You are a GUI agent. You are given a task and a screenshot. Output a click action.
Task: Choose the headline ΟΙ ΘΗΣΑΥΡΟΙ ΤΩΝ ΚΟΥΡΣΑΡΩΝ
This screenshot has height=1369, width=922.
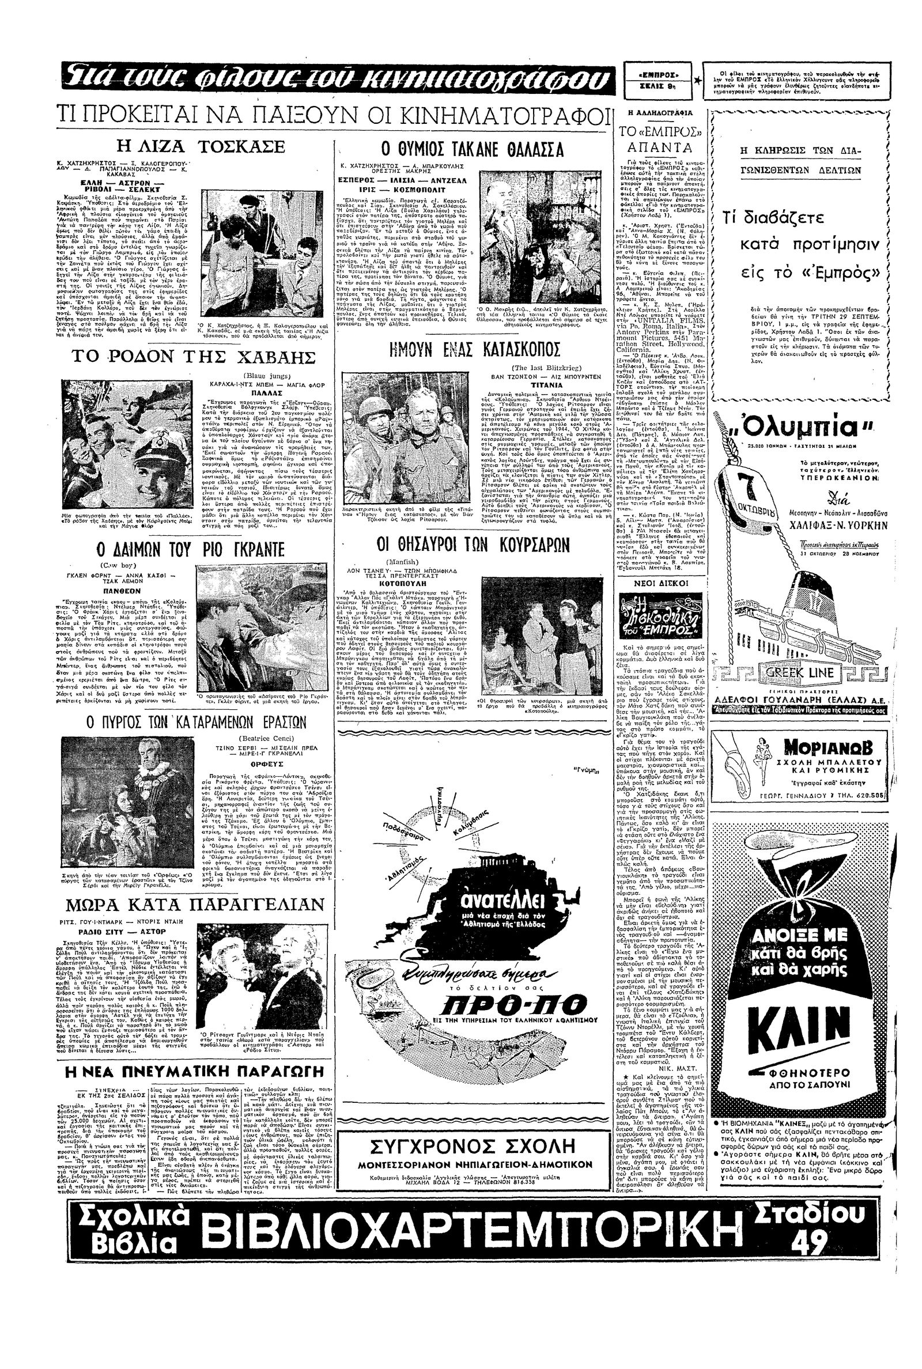pos(473,546)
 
